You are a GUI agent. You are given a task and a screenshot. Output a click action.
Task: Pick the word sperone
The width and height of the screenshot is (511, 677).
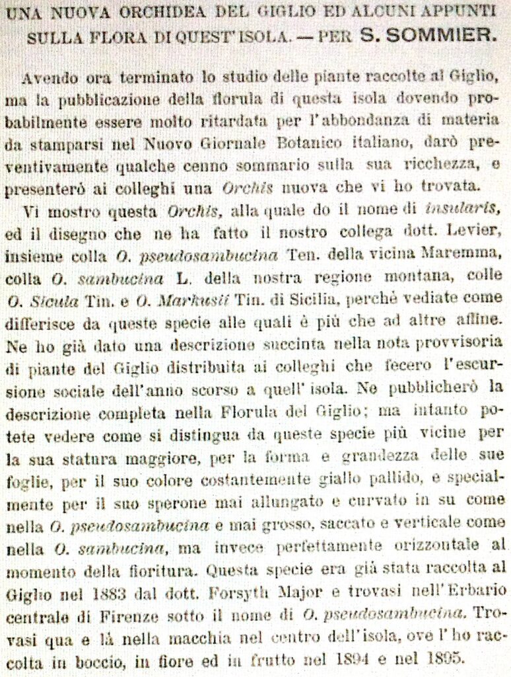coord(161,500)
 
